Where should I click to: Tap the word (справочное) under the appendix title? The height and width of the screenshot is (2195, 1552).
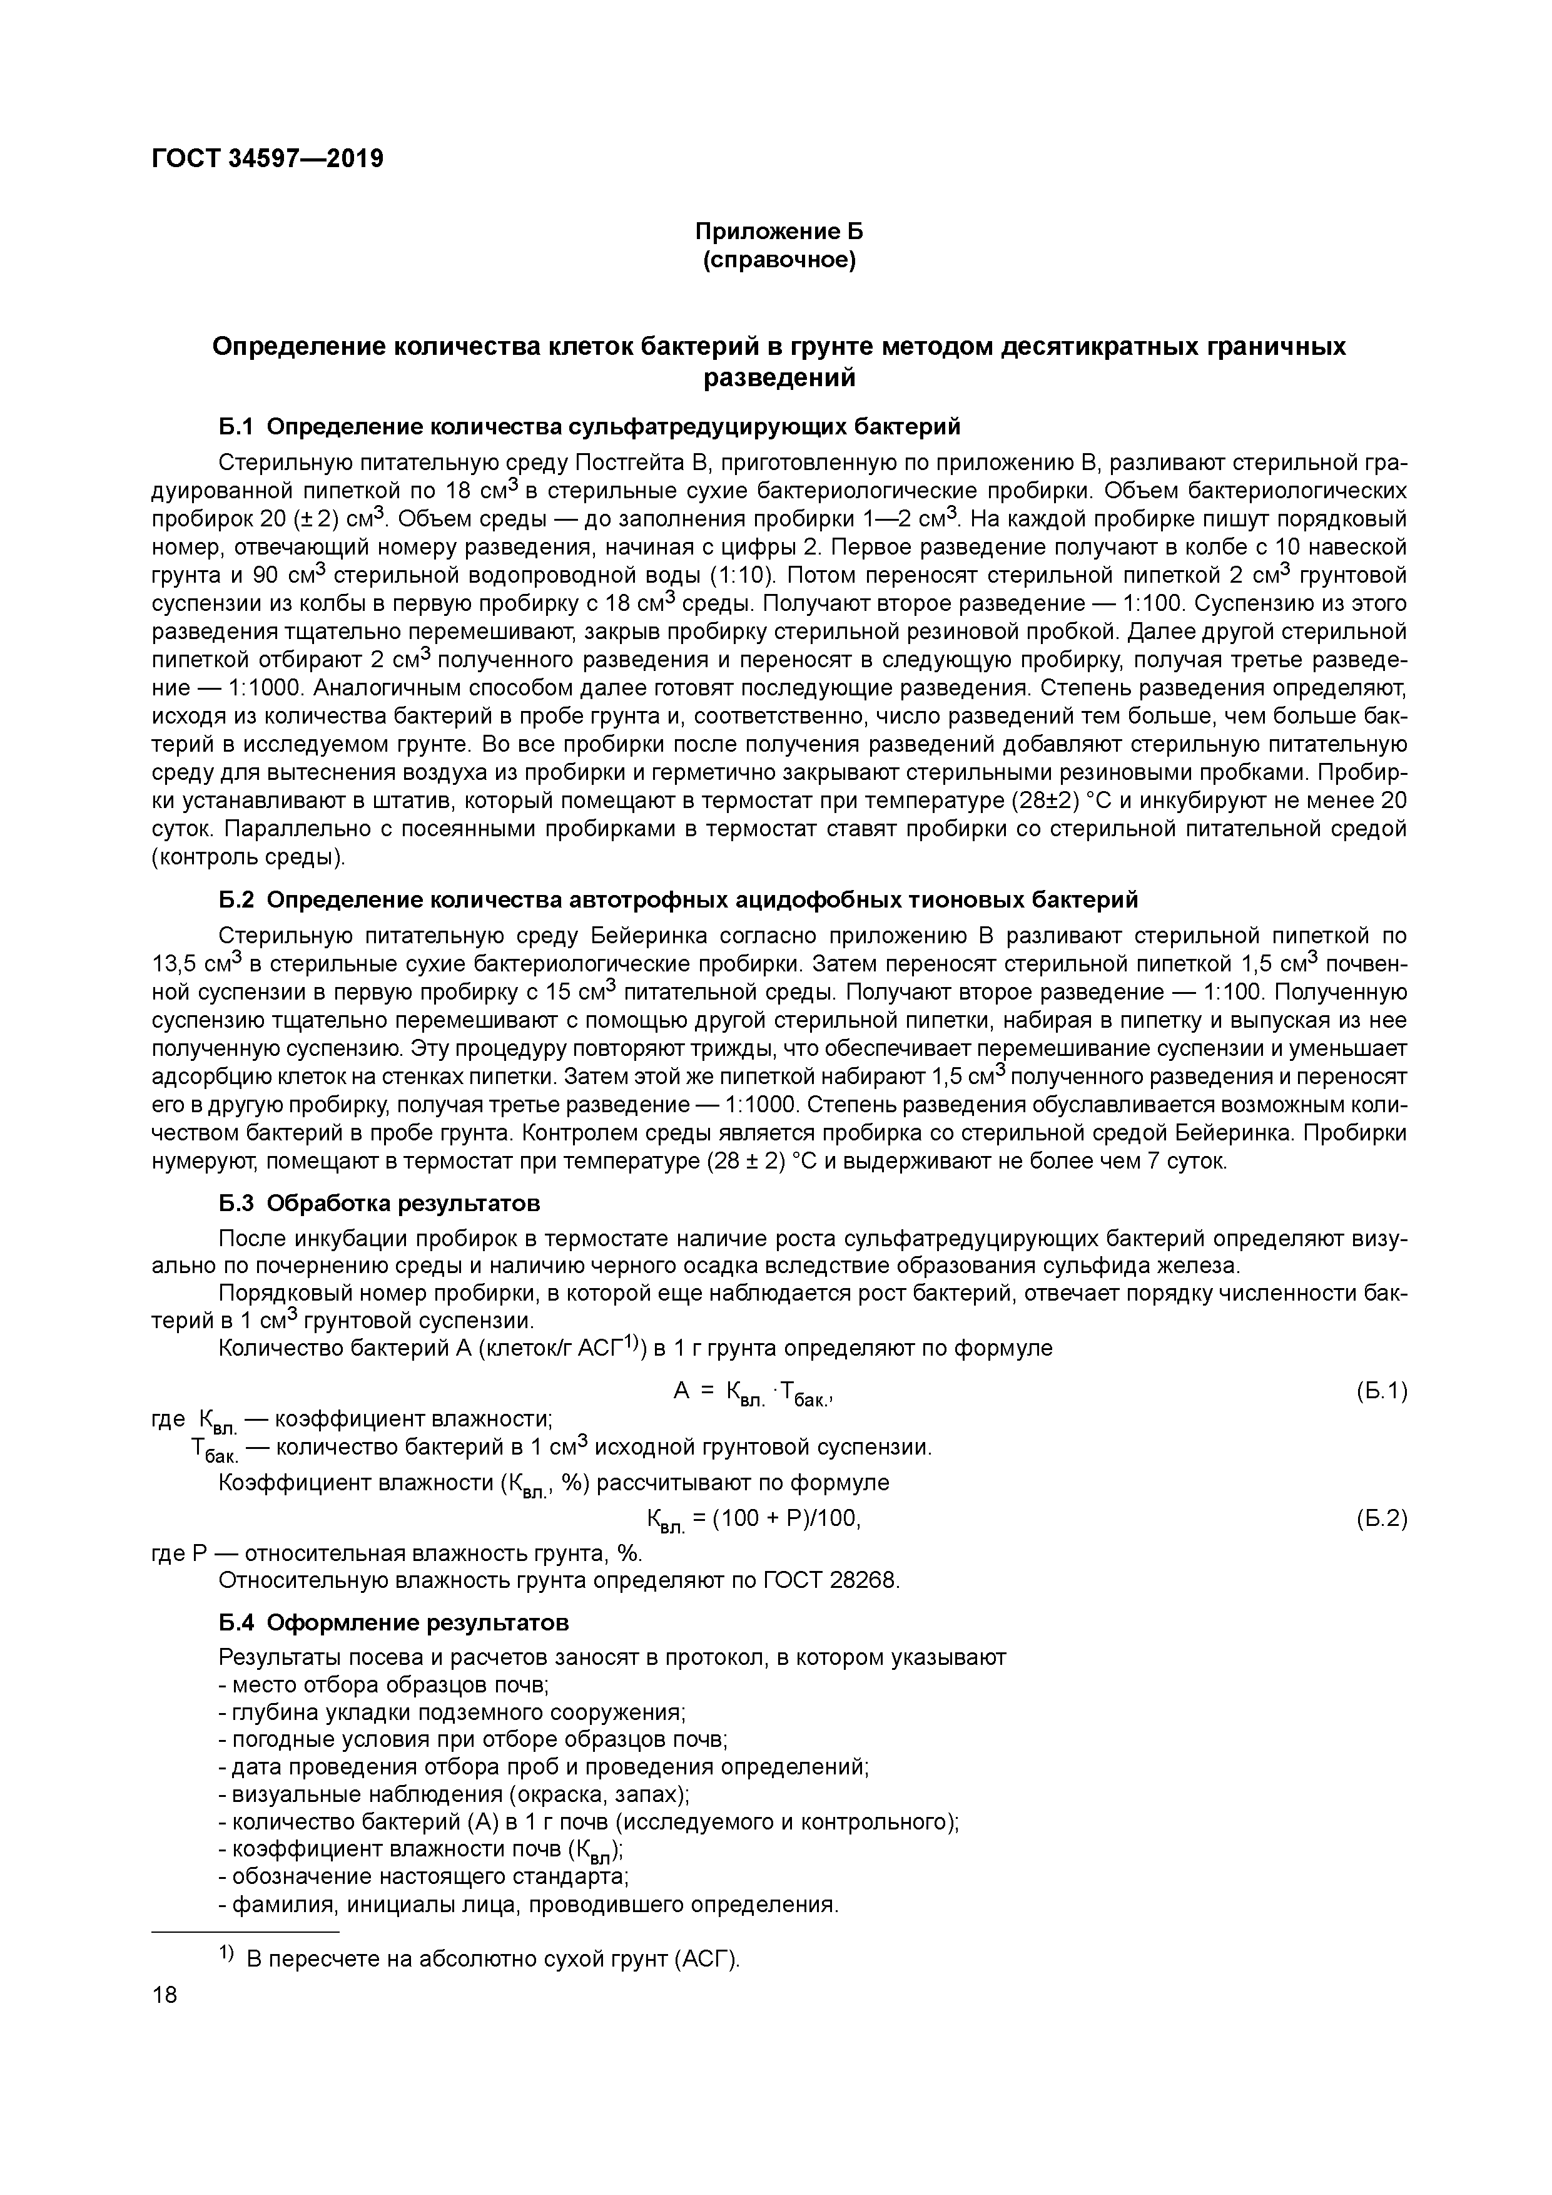779,260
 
